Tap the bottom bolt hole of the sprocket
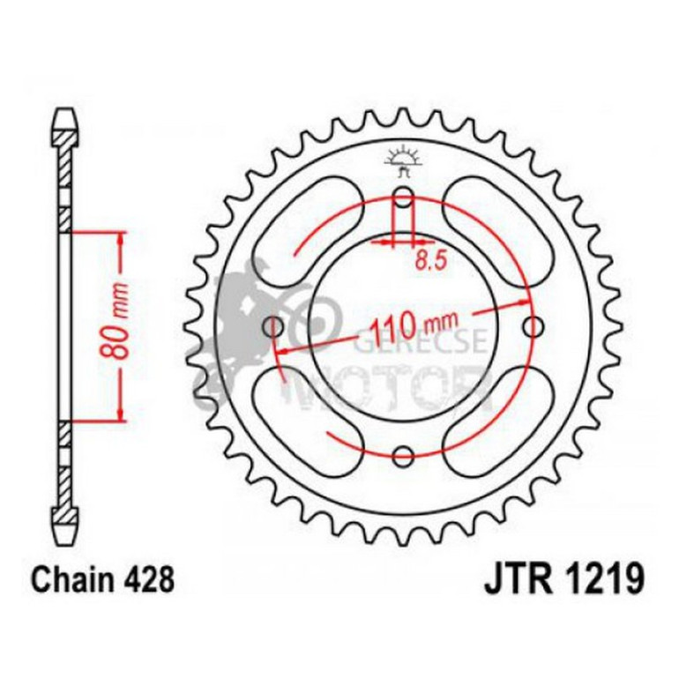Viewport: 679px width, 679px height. pos(403,456)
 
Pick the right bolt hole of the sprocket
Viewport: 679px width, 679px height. pos(533,327)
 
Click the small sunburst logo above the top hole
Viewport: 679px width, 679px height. pos(403,156)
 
